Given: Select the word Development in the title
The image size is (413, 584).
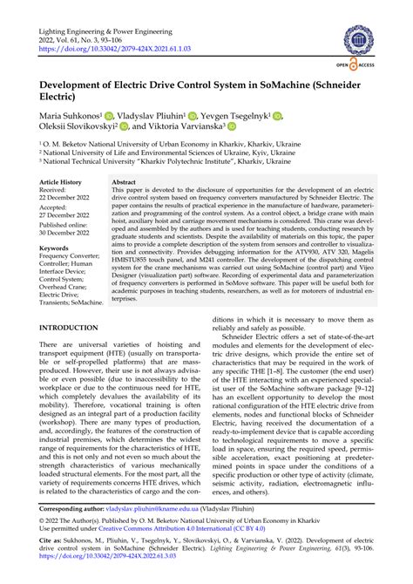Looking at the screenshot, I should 79,85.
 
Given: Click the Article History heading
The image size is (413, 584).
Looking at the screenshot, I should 66,182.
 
